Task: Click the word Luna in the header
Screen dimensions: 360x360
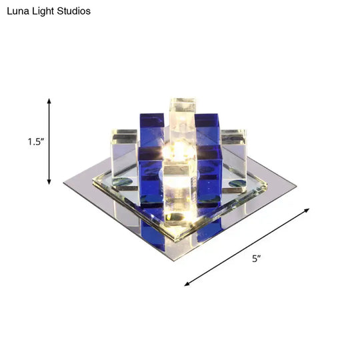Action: pos(18,11)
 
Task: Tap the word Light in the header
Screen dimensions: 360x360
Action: pos(45,11)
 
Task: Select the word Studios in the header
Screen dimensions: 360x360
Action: pos(75,11)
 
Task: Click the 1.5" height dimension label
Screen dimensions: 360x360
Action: pos(35,141)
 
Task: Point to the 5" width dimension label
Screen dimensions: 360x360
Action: pos(256,258)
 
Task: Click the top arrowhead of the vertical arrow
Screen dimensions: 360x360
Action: pos(49,99)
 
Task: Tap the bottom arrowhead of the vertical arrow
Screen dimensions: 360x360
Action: pos(49,181)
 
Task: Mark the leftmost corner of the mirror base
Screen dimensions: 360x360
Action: pos(64,183)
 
